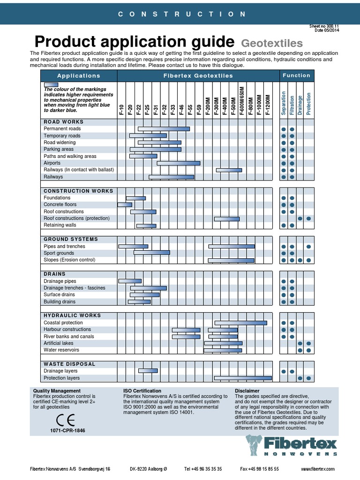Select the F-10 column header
click(121, 110)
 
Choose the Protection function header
click(308, 104)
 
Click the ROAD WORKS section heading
click(63, 121)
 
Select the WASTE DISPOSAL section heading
click(69, 364)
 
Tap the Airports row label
click(52, 163)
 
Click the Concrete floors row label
click(60, 204)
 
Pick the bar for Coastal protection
click(240, 322)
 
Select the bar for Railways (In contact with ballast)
click(229, 170)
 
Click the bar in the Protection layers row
click(243, 378)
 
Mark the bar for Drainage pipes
click(130, 281)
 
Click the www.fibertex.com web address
click(317, 469)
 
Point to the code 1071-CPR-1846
click(67, 430)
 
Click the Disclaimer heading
click(247, 390)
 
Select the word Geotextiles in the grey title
click(272, 44)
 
